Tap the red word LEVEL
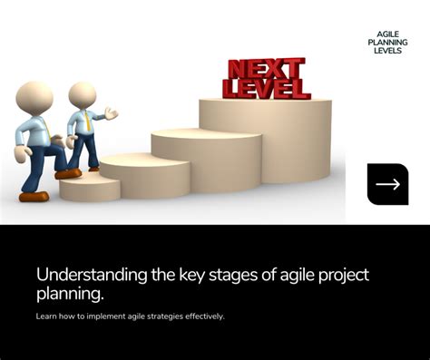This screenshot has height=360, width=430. point(268,88)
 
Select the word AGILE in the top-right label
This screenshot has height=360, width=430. point(387,34)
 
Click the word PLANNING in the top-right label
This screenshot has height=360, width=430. point(387,43)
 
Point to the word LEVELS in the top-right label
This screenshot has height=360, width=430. point(387,51)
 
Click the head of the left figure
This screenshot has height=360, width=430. point(35,96)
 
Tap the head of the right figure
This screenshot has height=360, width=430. point(82,94)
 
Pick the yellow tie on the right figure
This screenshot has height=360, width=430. point(87,119)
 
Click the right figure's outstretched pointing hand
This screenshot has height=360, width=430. point(112,113)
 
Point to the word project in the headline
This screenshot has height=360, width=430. point(340,276)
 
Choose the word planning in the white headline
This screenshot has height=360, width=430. point(69,295)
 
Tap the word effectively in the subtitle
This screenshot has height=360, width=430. point(200,316)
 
